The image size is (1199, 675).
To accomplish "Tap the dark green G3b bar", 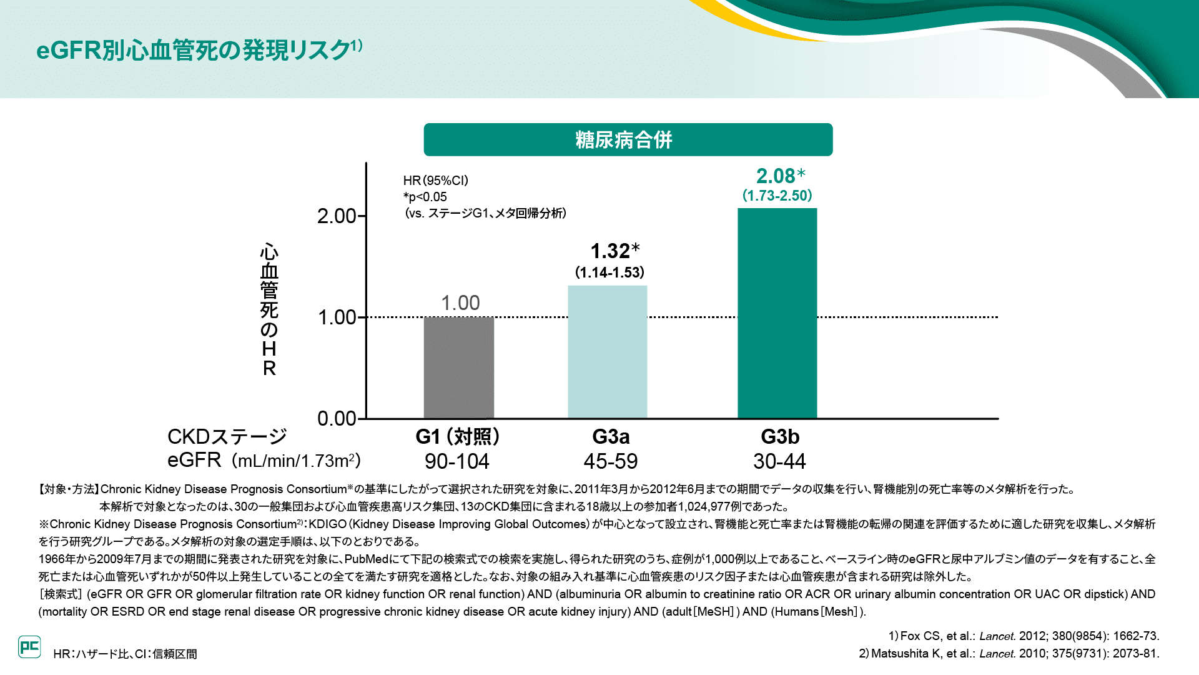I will pyautogui.click(x=777, y=312).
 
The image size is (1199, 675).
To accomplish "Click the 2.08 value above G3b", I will pyautogui.click(x=776, y=176).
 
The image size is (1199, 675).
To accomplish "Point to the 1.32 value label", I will pyautogui.click(x=610, y=251).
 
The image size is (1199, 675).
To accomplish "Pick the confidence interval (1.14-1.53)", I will pyautogui.click(x=609, y=272).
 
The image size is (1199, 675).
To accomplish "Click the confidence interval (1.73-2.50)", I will pyautogui.click(x=777, y=196).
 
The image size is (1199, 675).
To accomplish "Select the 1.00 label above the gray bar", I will pyautogui.click(x=460, y=303).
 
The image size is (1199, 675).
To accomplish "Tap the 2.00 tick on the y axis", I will pyautogui.click(x=337, y=216).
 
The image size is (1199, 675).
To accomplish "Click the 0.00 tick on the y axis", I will pyautogui.click(x=337, y=418).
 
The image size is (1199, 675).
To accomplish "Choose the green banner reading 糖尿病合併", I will pyautogui.click(x=628, y=139).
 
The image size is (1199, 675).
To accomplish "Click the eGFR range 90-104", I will pyautogui.click(x=457, y=461).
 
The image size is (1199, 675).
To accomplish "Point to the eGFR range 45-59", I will pyautogui.click(x=611, y=461).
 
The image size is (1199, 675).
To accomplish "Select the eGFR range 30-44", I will pyautogui.click(x=779, y=461).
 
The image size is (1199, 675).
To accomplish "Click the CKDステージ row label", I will pyautogui.click(x=227, y=436).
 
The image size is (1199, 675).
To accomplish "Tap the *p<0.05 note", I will pyautogui.click(x=425, y=197).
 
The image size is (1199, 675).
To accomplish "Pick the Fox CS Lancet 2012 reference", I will pyautogui.click(x=1024, y=636).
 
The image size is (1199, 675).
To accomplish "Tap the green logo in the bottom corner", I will pyautogui.click(x=29, y=647).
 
